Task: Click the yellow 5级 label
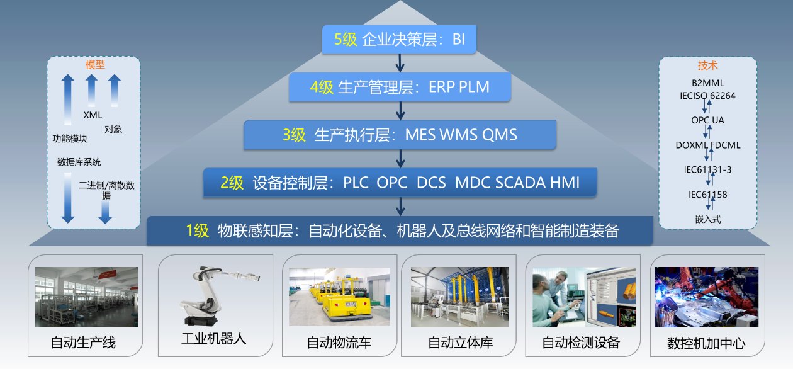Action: coord(345,39)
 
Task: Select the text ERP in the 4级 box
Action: coord(441,87)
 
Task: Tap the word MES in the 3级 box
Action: coord(420,135)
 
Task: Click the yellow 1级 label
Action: coord(197,231)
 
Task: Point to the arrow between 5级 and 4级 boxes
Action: coord(400,63)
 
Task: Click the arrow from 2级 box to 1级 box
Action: coord(400,207)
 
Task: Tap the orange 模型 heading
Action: coord(95,64)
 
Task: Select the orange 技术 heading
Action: coord(707,65)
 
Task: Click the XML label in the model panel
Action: coord(93,115)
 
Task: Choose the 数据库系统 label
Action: coord(79,162)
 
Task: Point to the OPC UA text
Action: coord(707,120)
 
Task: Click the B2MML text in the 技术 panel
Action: coord(707,83)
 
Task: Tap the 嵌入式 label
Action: coord(707,220)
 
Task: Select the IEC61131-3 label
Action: coord(707,170)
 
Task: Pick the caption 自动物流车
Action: coord(339,343)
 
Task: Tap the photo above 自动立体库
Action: coord(459,297)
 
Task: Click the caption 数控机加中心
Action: coord(706,344)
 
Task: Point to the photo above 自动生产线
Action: coord(86,297)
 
